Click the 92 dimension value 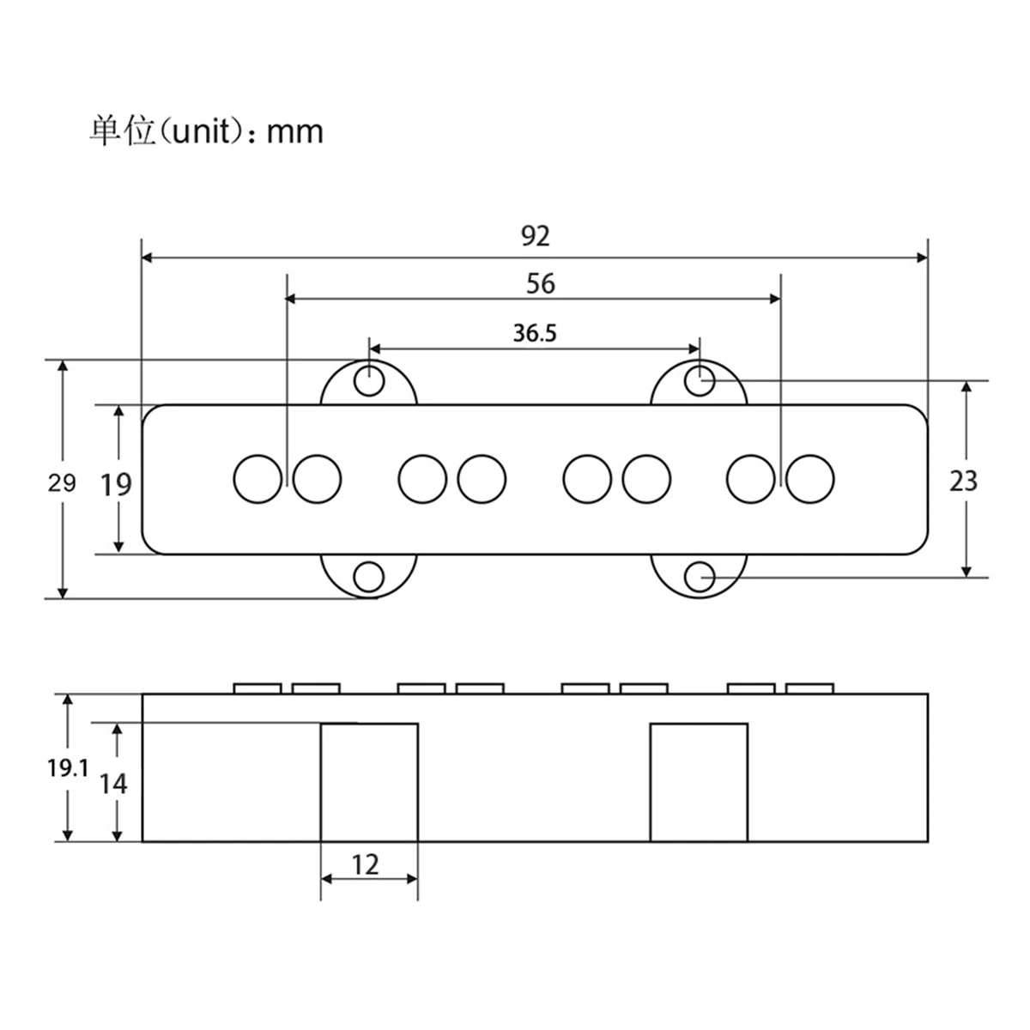[535, 236]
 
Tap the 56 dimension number [541, 283]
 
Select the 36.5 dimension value [535, 333]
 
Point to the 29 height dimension [61, 482]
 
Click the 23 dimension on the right [963, 481]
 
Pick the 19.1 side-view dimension [68, 768]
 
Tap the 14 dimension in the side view [112, 783]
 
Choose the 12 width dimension [365, 864]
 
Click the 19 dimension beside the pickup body [116, 485]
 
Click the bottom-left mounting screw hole [370, 577]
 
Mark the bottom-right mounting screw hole [700, 576]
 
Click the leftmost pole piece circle [257, 479]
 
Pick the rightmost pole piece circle [809, 479]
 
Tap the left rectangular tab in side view [369, 782]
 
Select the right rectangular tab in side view [699, 782]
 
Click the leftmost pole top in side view [257, 688]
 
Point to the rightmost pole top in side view [809, 688]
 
